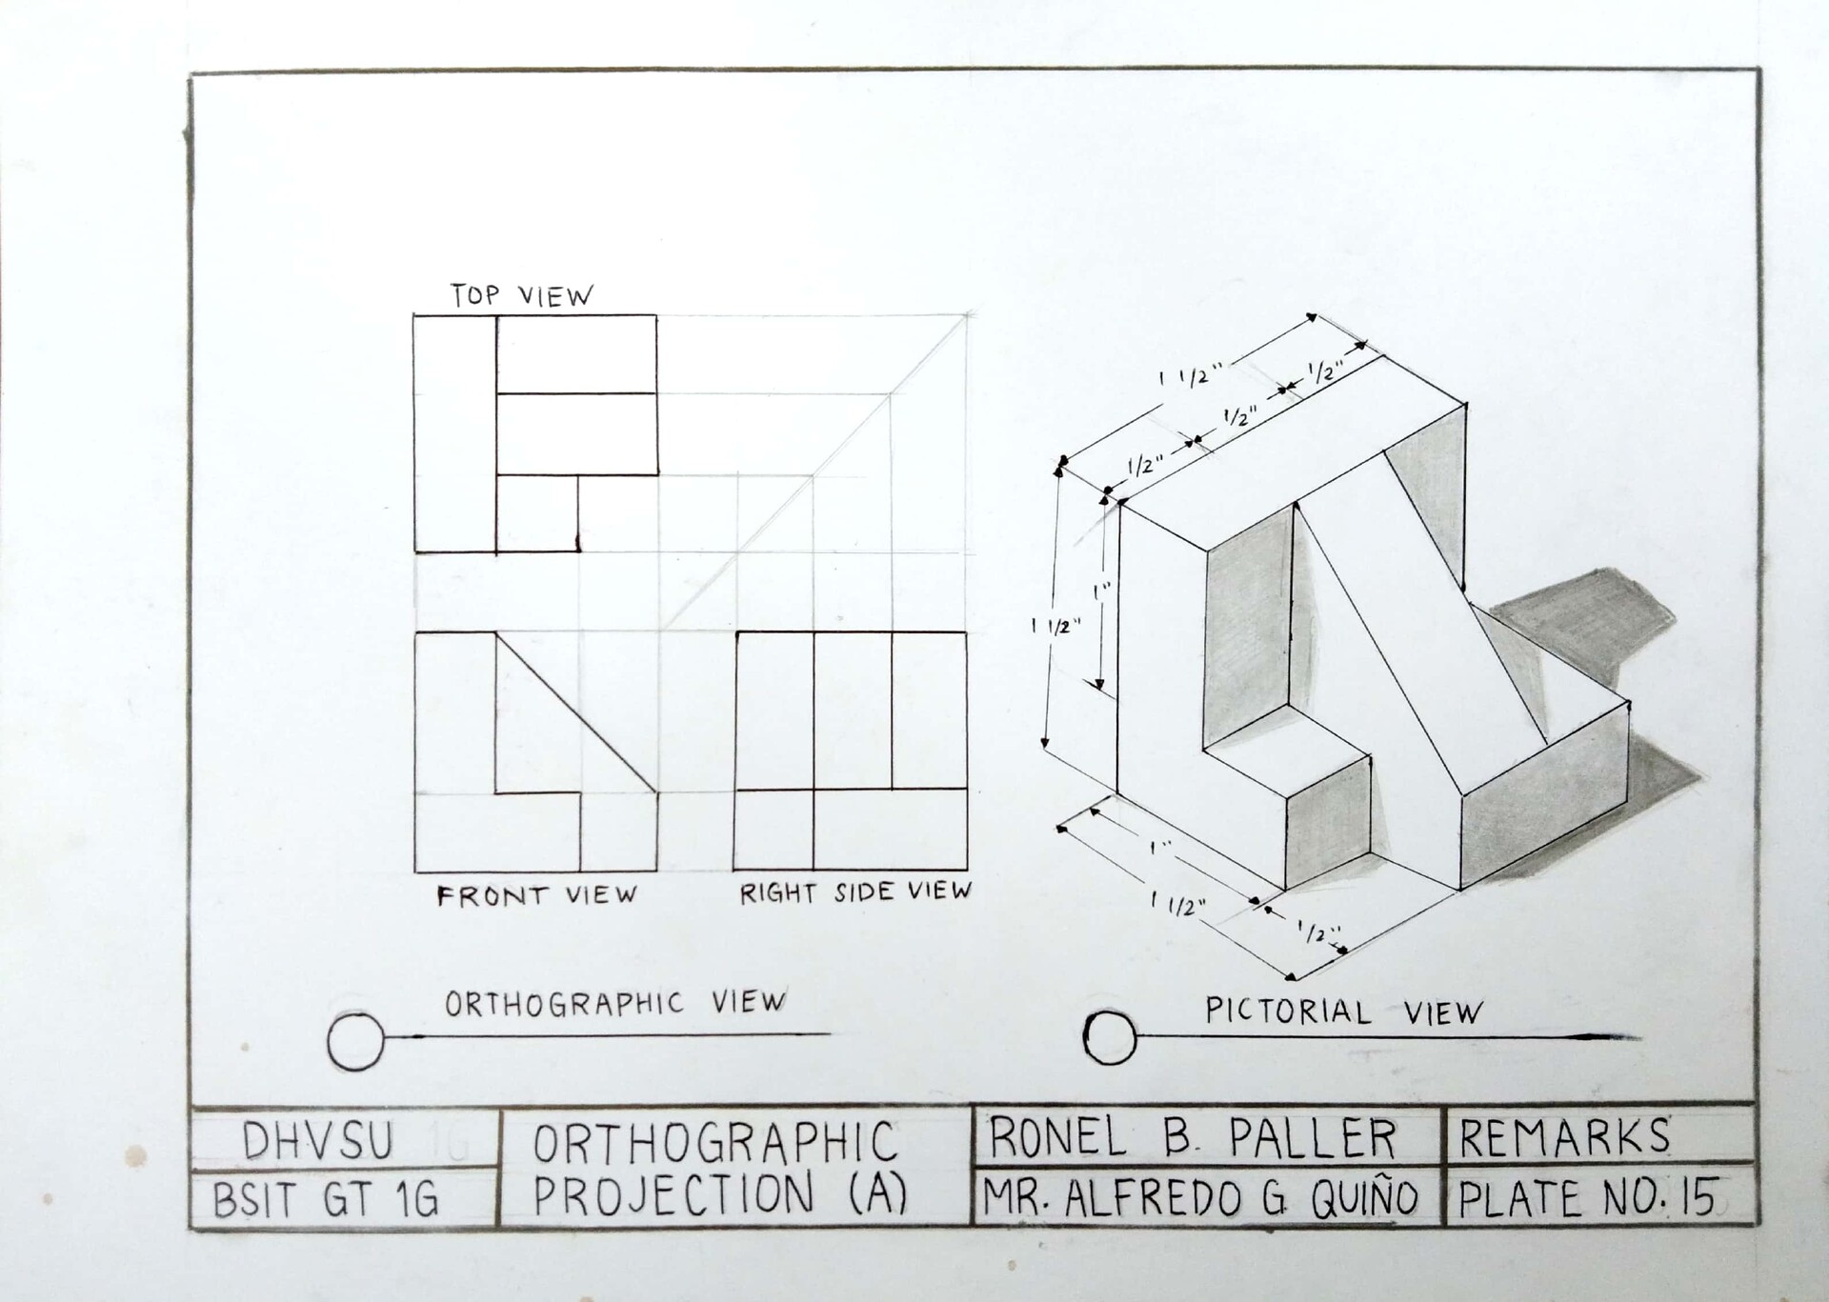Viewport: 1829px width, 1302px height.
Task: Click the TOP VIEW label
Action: [x=521, y=295]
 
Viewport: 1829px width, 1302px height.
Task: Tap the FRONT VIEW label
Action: [x=536, y=895]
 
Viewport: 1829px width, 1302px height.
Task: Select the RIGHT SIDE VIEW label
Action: [x=855, y=892]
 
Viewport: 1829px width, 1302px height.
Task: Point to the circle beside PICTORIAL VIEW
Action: [x=1110, y=1036]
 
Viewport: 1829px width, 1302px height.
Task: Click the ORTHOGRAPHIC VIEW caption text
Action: [x=615, y=1003]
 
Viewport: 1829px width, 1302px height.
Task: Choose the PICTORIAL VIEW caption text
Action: [x=1343, y=1011]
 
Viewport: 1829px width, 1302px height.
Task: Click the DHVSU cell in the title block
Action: [x=317, y=1142]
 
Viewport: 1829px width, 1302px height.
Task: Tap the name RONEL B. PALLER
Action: [x=1193, y=1137]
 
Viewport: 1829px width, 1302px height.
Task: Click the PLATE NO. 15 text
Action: [x=1589, y=1198]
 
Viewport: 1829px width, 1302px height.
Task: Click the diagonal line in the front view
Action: [x=576, y=712]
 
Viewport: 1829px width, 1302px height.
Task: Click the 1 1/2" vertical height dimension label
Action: [x=1056, y=626]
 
